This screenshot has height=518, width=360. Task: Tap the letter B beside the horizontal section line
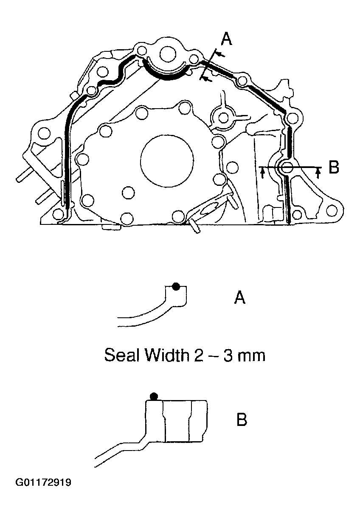[x=334, y=168]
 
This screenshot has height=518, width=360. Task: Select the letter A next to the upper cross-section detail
[x=240, y=299]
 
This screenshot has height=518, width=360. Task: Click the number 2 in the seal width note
[x=193, y=355]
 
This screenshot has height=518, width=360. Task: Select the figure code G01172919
[x=43, y=483]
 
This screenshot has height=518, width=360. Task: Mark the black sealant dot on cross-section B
[x=154, y=396]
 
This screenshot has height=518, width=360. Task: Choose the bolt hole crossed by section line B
[x=286, y=167]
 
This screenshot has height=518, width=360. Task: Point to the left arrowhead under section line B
[x=263, y=172]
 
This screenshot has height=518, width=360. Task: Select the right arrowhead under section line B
[x=318, y=172]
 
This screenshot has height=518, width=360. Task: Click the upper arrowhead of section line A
[x=218, y=54]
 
